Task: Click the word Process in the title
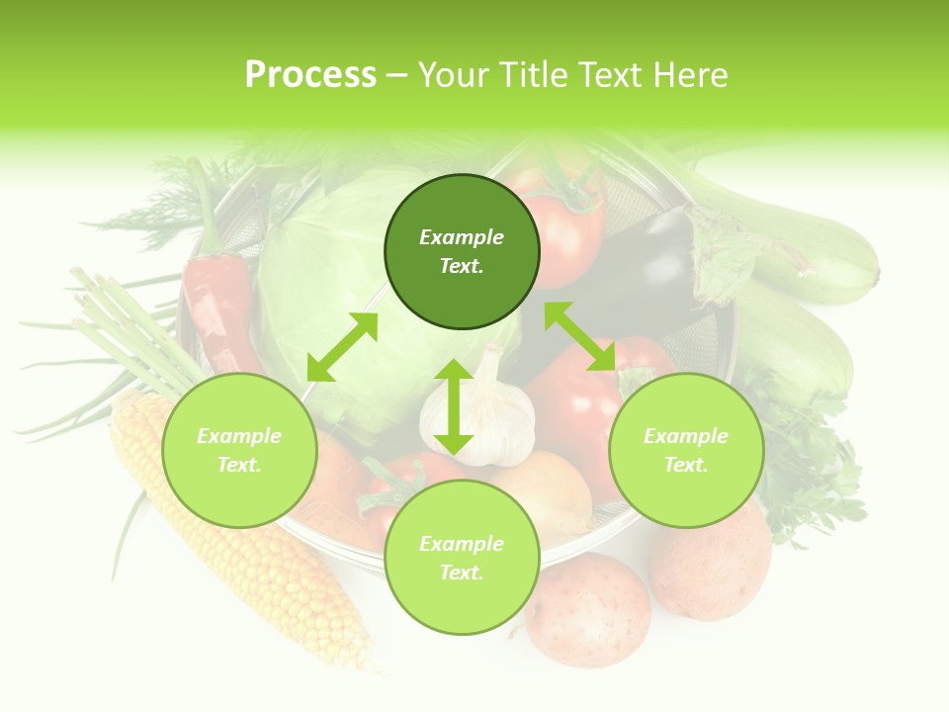[310, 75]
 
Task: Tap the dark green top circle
[462, 251]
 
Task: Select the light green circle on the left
[239, 450]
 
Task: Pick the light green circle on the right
[686, 450]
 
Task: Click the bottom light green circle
[462, 558]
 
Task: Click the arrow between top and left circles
[342, 347]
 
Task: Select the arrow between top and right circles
[580, 336]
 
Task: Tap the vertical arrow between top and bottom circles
[454, 406]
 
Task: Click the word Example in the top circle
[462, 237]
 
